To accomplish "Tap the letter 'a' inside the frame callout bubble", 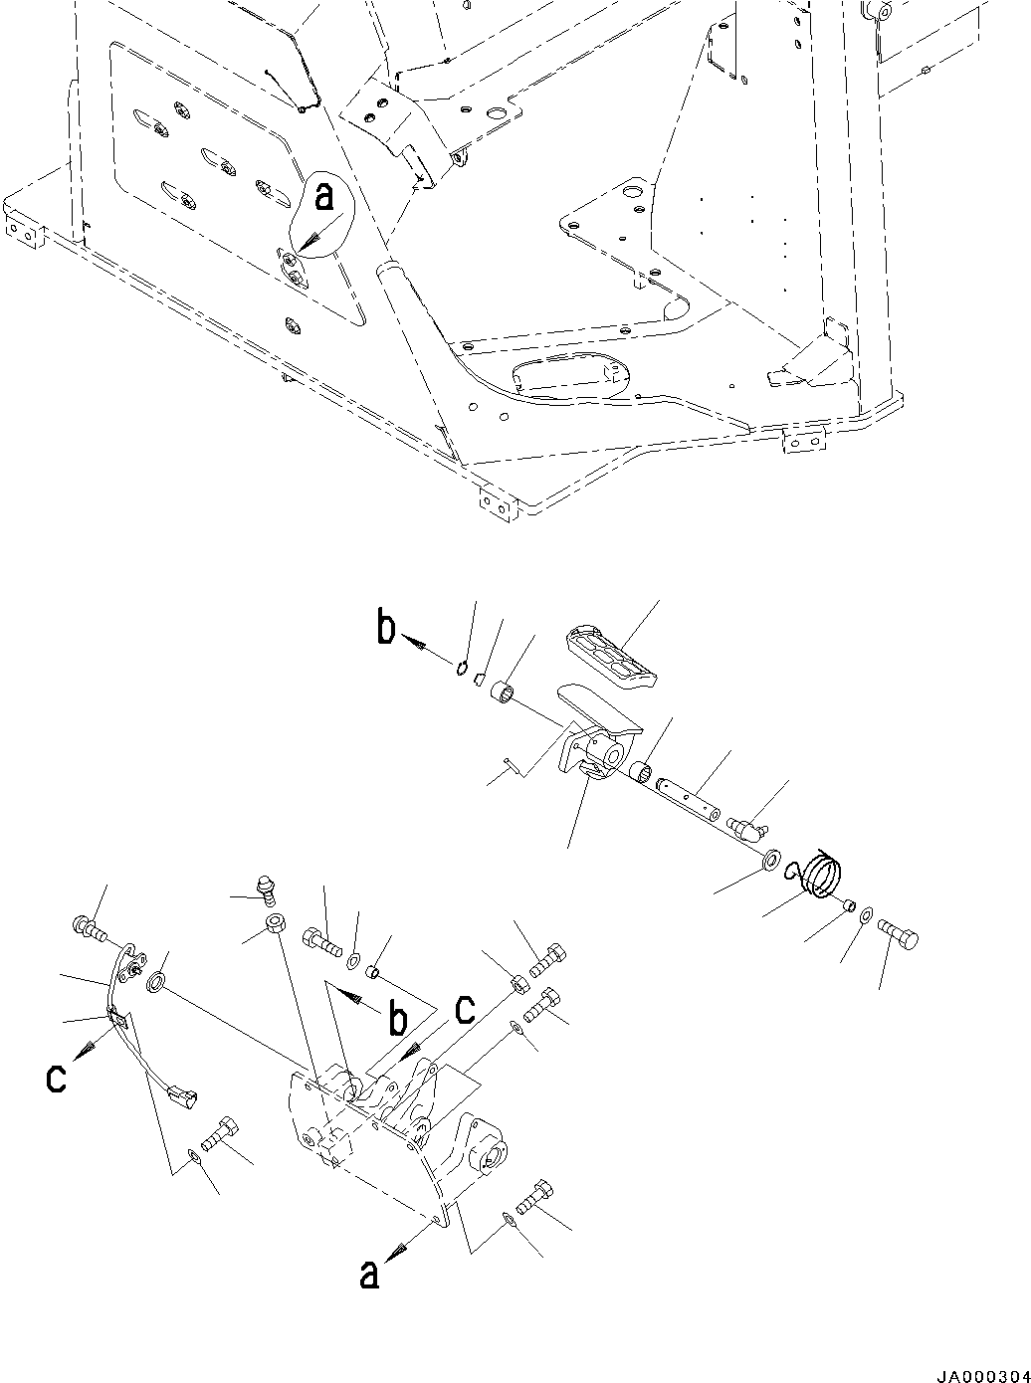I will tap(324, 198).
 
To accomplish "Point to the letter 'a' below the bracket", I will tap(370, 1274).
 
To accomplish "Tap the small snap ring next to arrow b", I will tap(463, 668).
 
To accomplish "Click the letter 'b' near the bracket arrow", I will tap(397, 1020).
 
